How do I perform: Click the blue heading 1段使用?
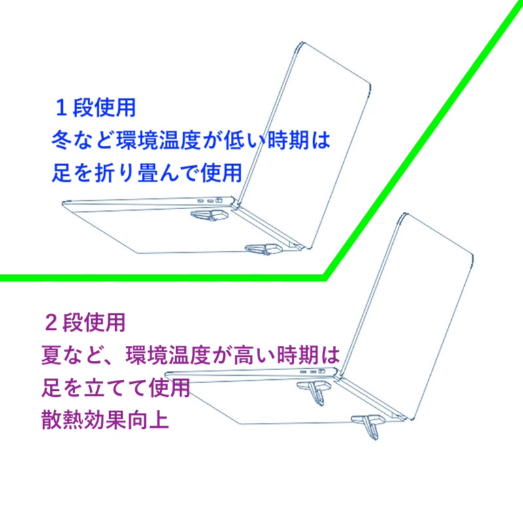[x=95, y=108]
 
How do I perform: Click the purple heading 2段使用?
[x=85, y=322]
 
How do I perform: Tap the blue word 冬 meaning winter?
[x=61, y=140]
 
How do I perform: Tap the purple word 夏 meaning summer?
[x=51, y=355]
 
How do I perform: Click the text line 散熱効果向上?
[x=105, y=419]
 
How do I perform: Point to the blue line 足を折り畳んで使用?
[x=147, y=173]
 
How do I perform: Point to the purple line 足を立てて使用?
[x=116, y=387]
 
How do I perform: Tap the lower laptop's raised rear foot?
[x=315, y=392]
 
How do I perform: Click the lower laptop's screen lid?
[x=405, y=317]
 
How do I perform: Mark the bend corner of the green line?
[x=326, y=277]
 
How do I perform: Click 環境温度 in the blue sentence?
[x=158, y=140]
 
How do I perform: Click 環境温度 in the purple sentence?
[x=168, y=355]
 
